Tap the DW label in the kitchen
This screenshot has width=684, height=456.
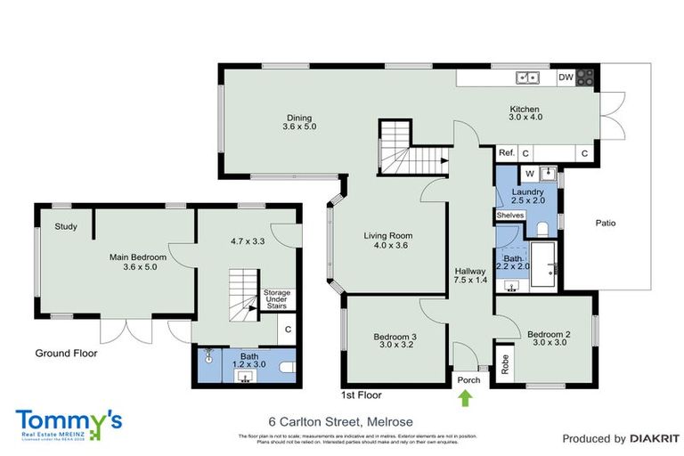(x=566, y=77)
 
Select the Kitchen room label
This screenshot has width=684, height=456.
(x=525, y=112)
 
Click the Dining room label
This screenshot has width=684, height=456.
(x=300, y=122)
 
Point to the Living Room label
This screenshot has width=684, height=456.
(x=386, y=240)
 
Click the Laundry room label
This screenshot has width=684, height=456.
(x=527, y=196)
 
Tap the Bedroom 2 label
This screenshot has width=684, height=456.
(x=548, y=339)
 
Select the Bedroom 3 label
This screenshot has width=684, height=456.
(x=395, y=341)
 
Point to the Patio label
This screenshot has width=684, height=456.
(x=606, y=223)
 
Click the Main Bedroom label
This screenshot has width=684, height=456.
(x=138, y=262)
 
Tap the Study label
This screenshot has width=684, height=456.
(x=65, y=226)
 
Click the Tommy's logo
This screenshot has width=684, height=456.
(x=69, y=421)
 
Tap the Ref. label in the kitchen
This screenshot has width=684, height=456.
(x=506, y=153)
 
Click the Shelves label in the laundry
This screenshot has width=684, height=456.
(x=510, y=215)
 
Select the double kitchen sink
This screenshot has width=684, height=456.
(x=526, y=77)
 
